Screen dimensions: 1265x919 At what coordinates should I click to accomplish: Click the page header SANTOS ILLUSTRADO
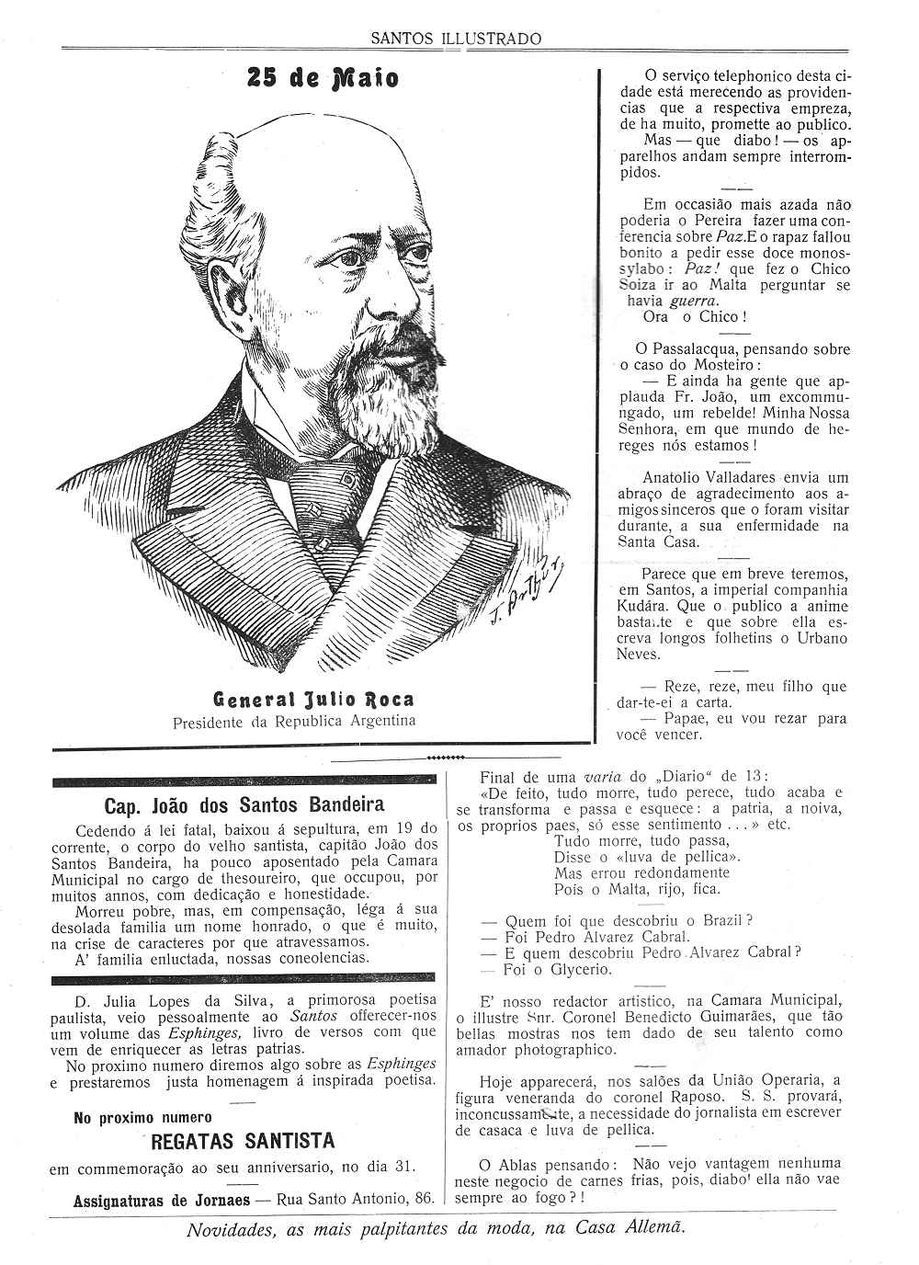tap(456, 39)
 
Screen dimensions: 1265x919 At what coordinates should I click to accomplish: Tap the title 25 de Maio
tap(323, 79)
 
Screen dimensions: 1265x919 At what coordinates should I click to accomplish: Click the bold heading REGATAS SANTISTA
tap(243, 1141)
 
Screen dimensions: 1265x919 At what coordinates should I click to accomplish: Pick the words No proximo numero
tap(142, 1118)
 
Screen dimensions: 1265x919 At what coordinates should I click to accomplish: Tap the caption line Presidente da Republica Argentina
tap(294, 721)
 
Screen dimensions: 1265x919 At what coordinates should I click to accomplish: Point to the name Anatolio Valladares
tap(707, 477)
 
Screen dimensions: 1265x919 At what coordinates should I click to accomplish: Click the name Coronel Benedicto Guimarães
tap(680, 1016)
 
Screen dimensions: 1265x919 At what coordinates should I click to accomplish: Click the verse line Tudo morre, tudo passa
tap(641, 840)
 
